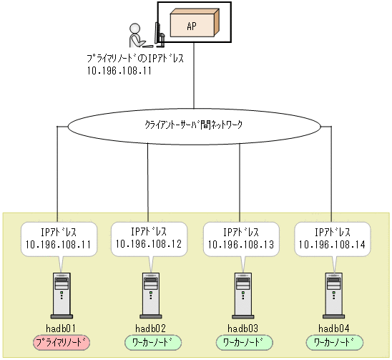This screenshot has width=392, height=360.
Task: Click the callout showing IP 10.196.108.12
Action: [x=149, y=238]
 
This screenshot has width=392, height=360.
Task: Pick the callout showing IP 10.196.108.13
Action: [x=240, y=238]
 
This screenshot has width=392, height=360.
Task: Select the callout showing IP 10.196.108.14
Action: [x=331, y=238]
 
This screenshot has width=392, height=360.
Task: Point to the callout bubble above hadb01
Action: [x=58, y=238]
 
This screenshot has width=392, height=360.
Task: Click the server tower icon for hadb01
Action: [x=60, y=294]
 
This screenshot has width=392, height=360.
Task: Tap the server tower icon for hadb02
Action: [x=150, y=294]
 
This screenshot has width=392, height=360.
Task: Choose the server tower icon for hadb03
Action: [x=241, y=294]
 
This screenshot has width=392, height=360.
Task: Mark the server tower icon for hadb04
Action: [x=332, y=294]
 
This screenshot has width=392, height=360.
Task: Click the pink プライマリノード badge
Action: [x=60, y=342]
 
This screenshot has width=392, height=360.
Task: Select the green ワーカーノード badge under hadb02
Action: [x=150, y=342]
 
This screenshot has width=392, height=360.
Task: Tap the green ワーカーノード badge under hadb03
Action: [x=241, y=342]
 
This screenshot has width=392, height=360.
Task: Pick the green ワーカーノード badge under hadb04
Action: [x=333, y=342]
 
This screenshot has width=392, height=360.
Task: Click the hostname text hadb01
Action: [x=60, y=328]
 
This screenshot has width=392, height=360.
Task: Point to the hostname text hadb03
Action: [x=241, y=328]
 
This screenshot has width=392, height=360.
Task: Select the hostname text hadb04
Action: [x=333, y=328]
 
